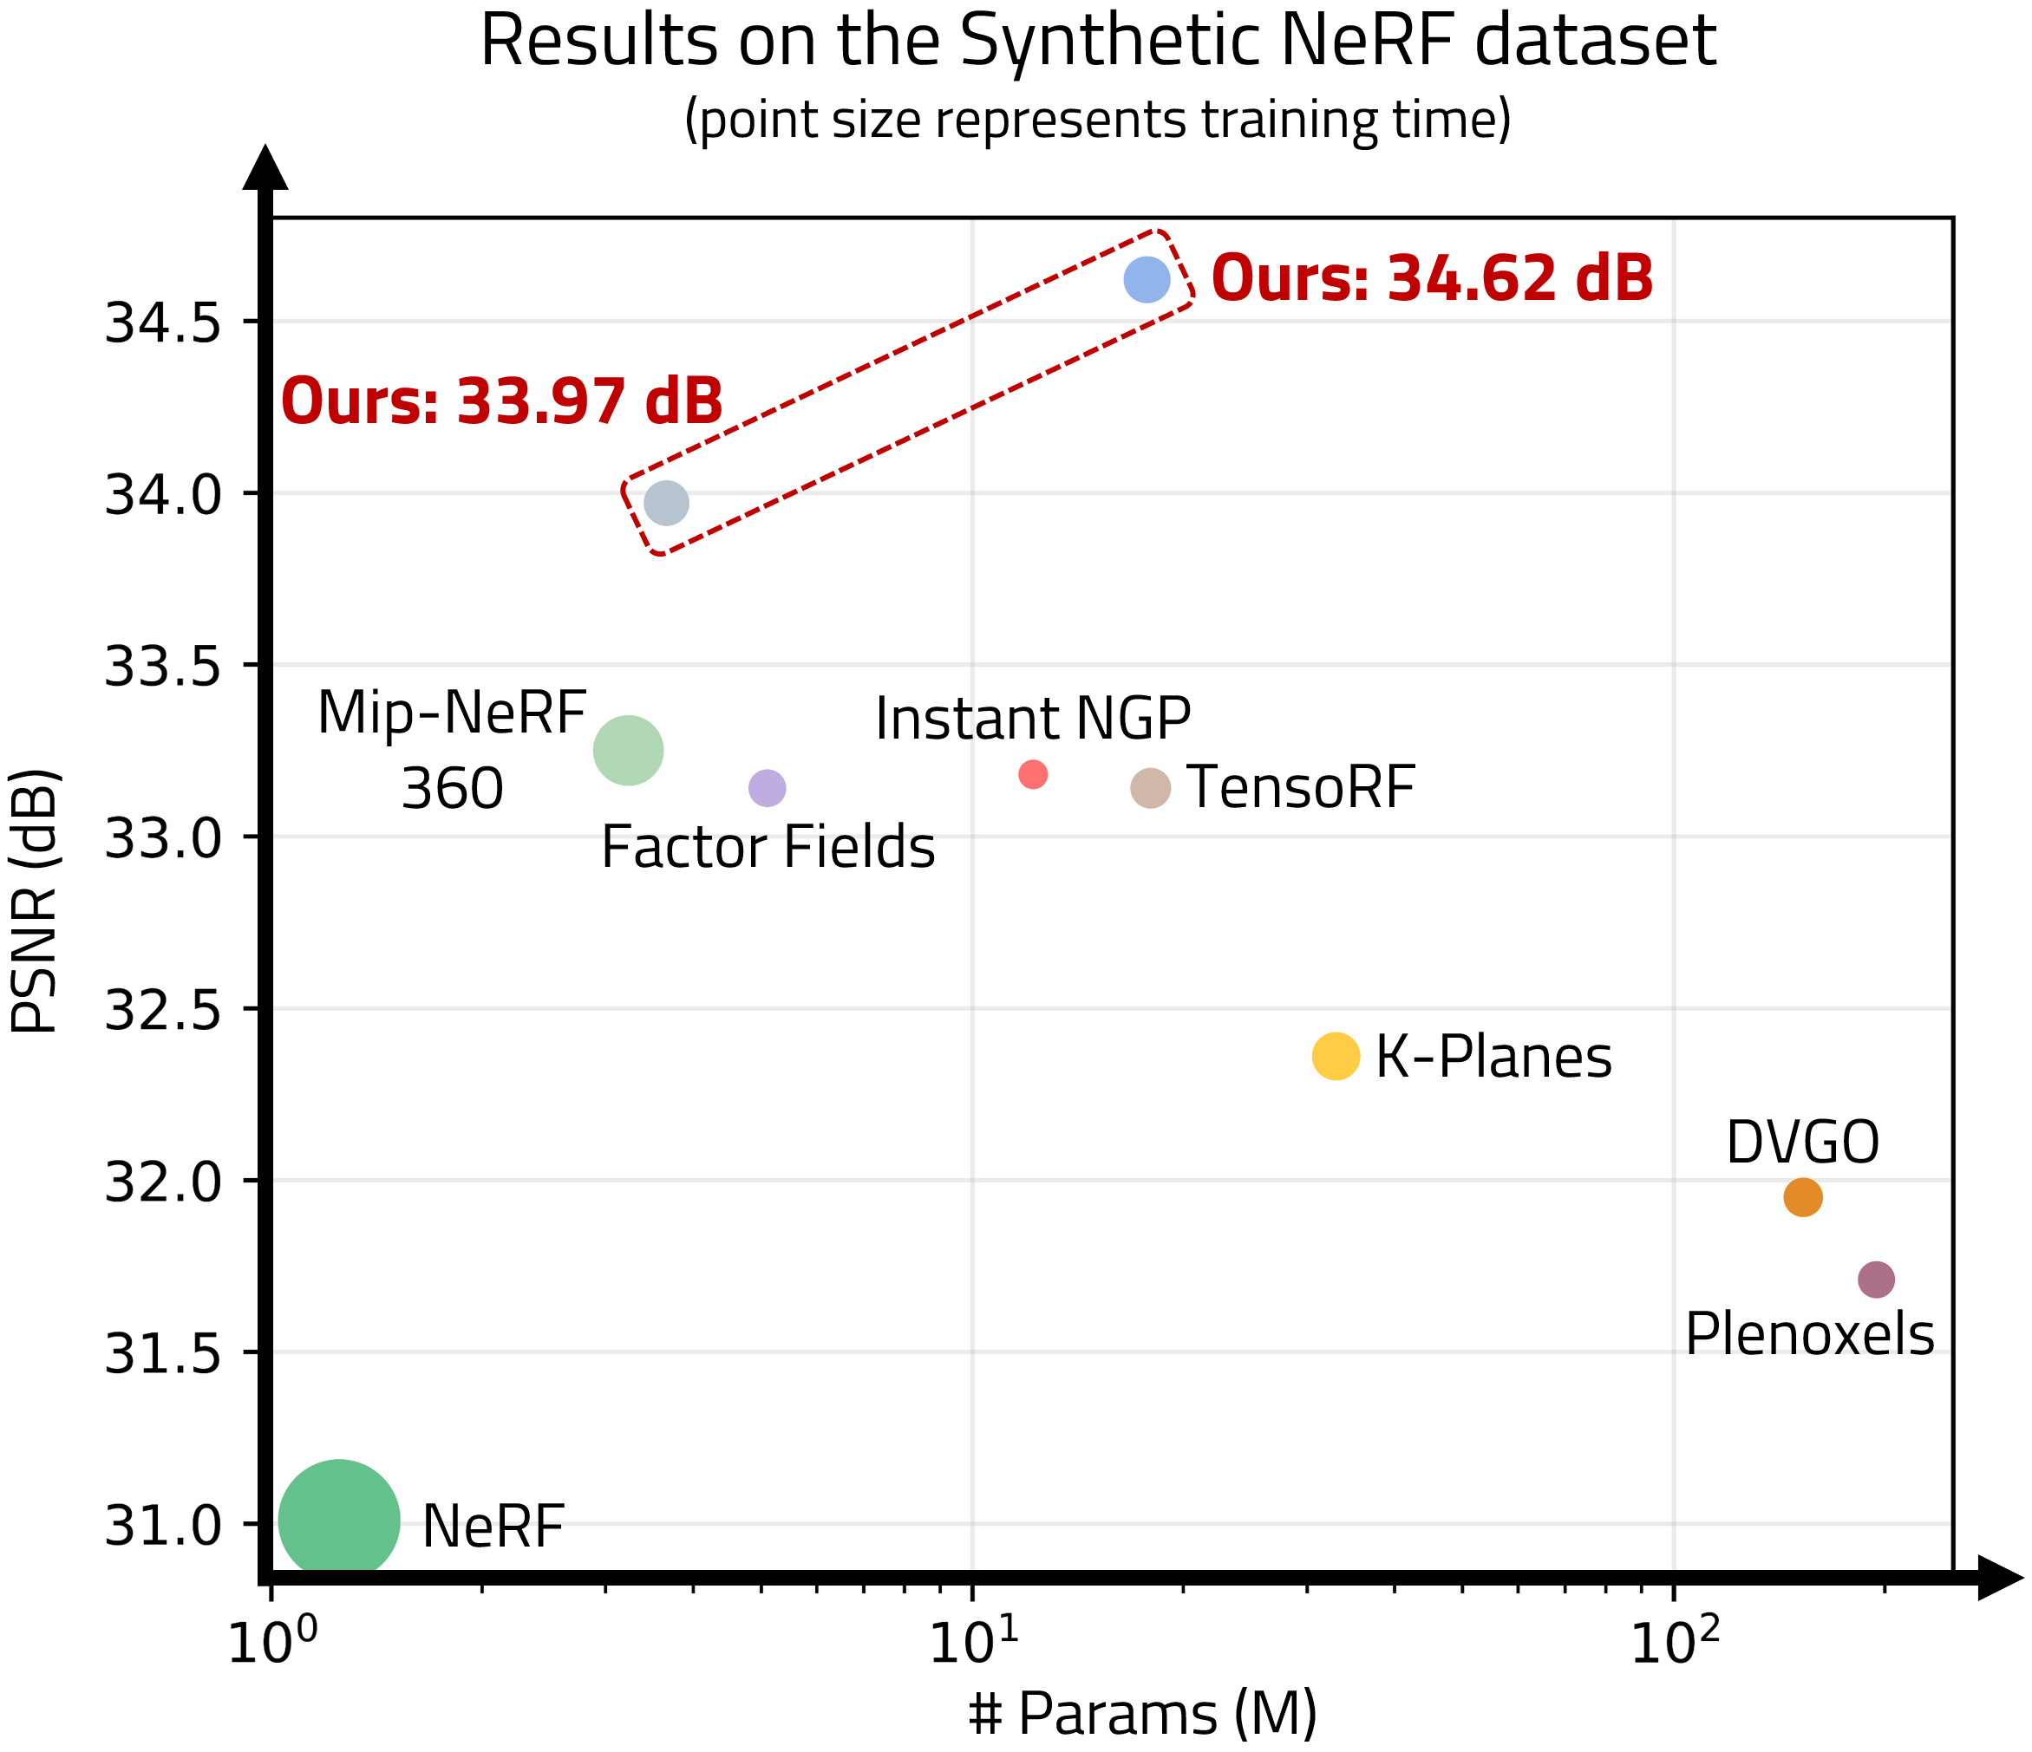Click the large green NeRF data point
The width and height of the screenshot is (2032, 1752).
pyautogui.click(x=339, y=1521)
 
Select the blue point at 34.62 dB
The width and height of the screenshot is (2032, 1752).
pyautogui.click(x=1147, y=279)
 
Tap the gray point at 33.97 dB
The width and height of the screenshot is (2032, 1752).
pyautogui.click(x=667, y=503)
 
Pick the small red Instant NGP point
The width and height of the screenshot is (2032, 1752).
pyautogui.click(x=1033, y=774)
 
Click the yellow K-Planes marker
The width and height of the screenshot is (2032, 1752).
pyautogui.click(x=1336, y=1056)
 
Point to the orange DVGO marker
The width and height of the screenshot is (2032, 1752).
pyautogui.click(x=1802, y=1197)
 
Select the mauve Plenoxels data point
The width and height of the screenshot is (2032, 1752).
pyautogui.click(x=1876, y=1280)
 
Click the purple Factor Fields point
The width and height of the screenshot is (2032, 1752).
pyautogui.click(x=767, y=788)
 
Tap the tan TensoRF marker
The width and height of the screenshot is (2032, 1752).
pyautogui.click(x=1150, y=788)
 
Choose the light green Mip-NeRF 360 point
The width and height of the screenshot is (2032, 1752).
pyautogui.click(x=629, y=750)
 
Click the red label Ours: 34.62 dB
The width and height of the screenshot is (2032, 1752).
pyautogui.click(x=1433, y=278)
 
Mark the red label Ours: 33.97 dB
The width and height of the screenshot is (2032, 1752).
pyautogui.click(x=502, y=402)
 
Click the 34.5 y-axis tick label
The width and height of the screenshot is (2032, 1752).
pyautogui.click(x=165, y=322)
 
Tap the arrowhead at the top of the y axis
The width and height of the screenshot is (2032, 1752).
pyautogui.click(x=265, y=169)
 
